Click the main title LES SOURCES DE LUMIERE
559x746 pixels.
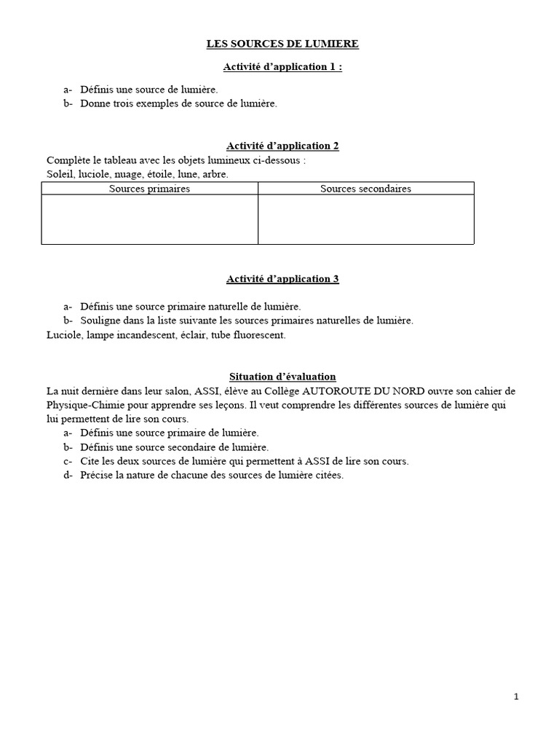click(x=282, y=44)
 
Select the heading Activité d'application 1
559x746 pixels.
click(x=282, y=67)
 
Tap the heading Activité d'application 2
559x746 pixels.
click(x=282, y=146)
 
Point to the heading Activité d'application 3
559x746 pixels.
click(x=282, y=279)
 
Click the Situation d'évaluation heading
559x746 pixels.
click(x=282, y=377)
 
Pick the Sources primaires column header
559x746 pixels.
click(x=149, y=189)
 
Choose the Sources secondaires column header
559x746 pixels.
click(x=365, y=189)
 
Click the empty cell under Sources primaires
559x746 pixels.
click(x=149, y=219)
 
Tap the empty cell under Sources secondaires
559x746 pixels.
click(x=365, y=219)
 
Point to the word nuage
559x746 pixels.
click(x=131, y=174)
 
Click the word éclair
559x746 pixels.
click(x=178, y=335)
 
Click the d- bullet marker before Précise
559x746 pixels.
click(x=68, y=476)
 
